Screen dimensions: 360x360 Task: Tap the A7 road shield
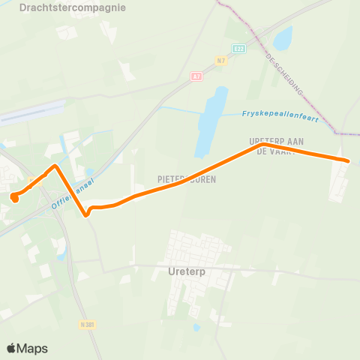tap(196, 76)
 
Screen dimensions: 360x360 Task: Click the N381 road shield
tap(88, 325)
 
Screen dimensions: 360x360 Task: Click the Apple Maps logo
tap(27, 348)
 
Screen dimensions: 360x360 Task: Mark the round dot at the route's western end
tap(14, 197)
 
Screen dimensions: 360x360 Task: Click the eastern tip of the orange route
tap(347, 160)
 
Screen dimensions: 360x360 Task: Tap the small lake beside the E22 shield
tap(283, 38)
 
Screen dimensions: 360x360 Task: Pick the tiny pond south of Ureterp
tap(196, 327)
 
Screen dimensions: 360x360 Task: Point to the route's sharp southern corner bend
tap(88, 214)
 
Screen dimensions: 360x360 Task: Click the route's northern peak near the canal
tap(55, 166)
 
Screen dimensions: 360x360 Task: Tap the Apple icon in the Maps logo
tap(11, 348)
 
